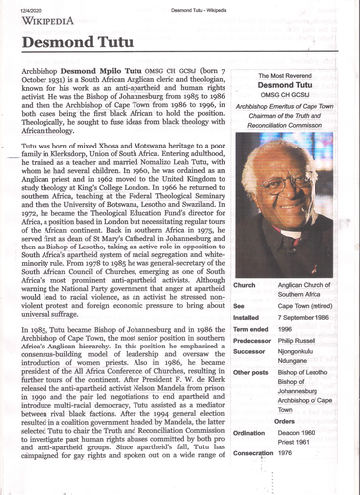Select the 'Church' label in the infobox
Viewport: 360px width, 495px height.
(x=245, y=285)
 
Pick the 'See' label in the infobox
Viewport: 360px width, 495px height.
(x=239, y=307)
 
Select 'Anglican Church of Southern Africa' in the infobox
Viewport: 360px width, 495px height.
(x=305, y=290)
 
